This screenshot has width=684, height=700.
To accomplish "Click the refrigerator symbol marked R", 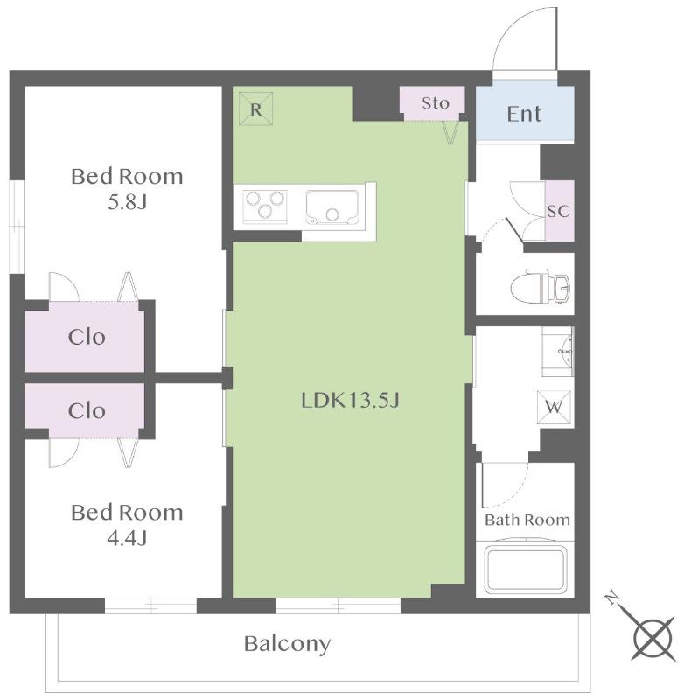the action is point(255,108).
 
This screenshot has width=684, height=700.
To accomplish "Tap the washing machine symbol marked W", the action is point(554,407).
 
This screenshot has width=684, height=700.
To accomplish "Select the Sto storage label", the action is point(435,103).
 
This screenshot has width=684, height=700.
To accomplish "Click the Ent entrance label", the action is point(524,114).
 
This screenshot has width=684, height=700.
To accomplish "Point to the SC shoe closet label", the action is point(559,211).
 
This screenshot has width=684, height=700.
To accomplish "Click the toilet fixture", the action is point(541,285).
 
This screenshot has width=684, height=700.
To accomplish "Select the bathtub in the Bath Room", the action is point(525,570).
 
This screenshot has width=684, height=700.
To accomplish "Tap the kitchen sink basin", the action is point(332,207).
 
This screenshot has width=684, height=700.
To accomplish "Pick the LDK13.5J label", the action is point(350,401).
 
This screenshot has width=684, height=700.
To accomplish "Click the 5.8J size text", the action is point(127,202).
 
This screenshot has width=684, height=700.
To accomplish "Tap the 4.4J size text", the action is point(127,539).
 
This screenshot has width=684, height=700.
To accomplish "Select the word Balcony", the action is point(288,644).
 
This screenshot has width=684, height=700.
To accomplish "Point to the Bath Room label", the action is point(527,520).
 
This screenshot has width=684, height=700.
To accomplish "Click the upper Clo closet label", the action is point(87,337).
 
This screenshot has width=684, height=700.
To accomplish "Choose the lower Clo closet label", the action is point(87,410).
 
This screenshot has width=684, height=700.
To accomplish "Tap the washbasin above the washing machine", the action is point(558,352).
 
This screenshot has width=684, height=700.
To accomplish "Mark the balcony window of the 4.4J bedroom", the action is point(150,605).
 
